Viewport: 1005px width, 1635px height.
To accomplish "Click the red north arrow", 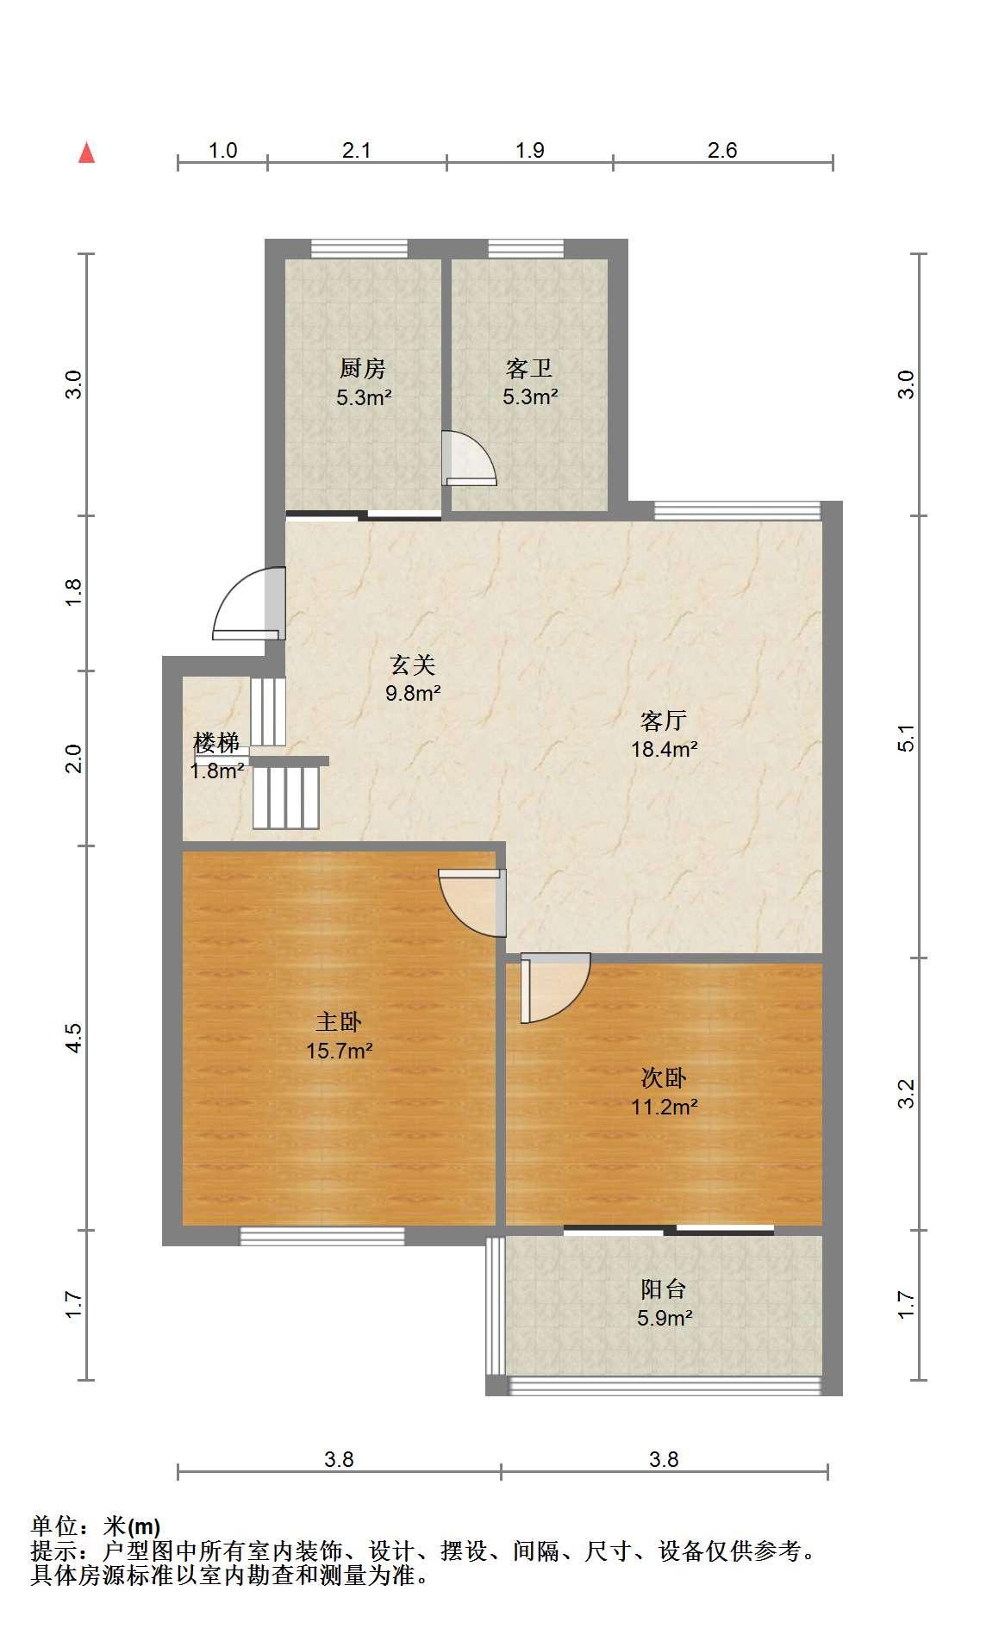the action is click(86, 153).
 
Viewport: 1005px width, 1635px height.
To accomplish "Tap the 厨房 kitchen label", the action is click(362, 369).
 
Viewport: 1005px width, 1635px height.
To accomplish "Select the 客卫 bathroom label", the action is click(529, 369).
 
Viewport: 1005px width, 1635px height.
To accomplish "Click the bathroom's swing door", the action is click(469, 459).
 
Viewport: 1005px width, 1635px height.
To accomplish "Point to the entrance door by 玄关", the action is click(249, 603).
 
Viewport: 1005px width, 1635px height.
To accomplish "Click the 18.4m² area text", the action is click(664, 749).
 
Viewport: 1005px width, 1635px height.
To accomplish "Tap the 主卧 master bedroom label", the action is click(339, 1022).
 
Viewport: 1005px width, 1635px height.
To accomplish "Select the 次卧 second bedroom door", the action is click(555, 988).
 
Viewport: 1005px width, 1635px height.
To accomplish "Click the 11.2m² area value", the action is click(664, 1107).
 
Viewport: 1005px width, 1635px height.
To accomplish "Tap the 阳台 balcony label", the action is click(664, 1289).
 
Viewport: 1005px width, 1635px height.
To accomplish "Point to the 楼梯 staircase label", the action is click(215, 742).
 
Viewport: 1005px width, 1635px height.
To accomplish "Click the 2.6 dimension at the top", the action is click(722, 151).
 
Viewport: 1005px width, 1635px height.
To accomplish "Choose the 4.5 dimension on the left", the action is click(74, 1038).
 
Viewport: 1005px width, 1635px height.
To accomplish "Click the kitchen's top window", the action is click(359, 248).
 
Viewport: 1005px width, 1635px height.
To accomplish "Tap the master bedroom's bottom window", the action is click(322, 1236).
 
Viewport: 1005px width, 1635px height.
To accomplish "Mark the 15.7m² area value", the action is click(339, 1052).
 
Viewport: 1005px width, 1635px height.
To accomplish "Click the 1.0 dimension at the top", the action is click(222, 151).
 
